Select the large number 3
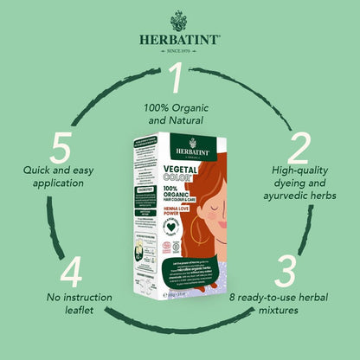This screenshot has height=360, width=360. pyautogui.click(x=285, y=270)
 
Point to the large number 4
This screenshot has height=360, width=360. pyautogui.click(x=72, y=270)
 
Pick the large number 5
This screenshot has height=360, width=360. pyautogui.click(x=60, y=150)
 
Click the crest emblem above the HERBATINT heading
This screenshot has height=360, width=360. pyautogui.click(x=180, y=19)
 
